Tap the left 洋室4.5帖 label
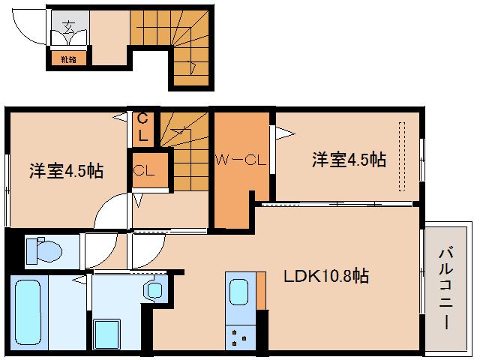click(66, 170)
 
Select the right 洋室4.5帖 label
click(349, 159)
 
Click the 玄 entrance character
click(67, 29)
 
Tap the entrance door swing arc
click(34, 30)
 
